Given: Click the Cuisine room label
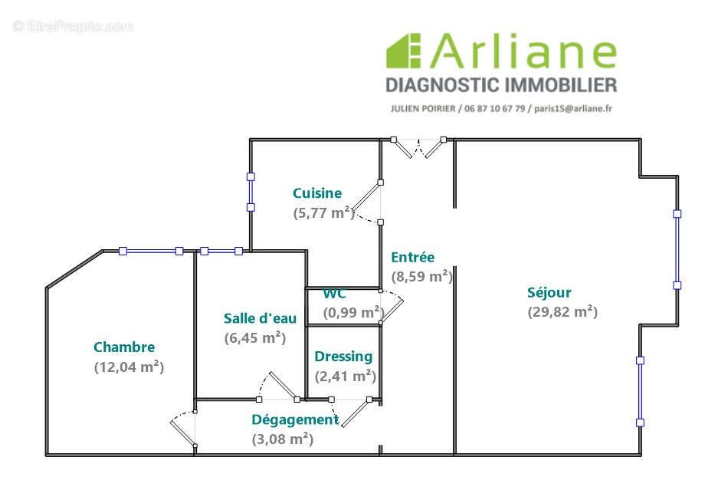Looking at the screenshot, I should pos(317,193).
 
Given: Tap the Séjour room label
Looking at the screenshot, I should pos(549,292).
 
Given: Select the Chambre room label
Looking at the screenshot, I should pos(124,347).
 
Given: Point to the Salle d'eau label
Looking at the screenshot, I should pos(260,318).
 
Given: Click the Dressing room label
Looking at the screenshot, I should pos(343,356).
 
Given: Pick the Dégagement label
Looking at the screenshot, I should pos(295,420).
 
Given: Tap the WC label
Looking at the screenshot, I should pos(334,294).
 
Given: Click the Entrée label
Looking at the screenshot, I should pos(412,257).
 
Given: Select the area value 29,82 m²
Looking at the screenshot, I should pos(562,311).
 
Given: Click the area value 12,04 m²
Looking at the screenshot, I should pos(129,367).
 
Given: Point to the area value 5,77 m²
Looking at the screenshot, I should pos(323,213).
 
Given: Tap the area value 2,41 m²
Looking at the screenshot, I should pos(345,376).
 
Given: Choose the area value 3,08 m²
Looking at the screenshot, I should pos(282,439).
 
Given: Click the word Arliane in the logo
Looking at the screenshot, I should pos(524,52).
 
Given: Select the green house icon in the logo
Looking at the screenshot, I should pos(404,51).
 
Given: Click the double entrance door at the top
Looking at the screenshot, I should pos(418,146).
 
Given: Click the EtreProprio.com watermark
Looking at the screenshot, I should pos(74,27).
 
